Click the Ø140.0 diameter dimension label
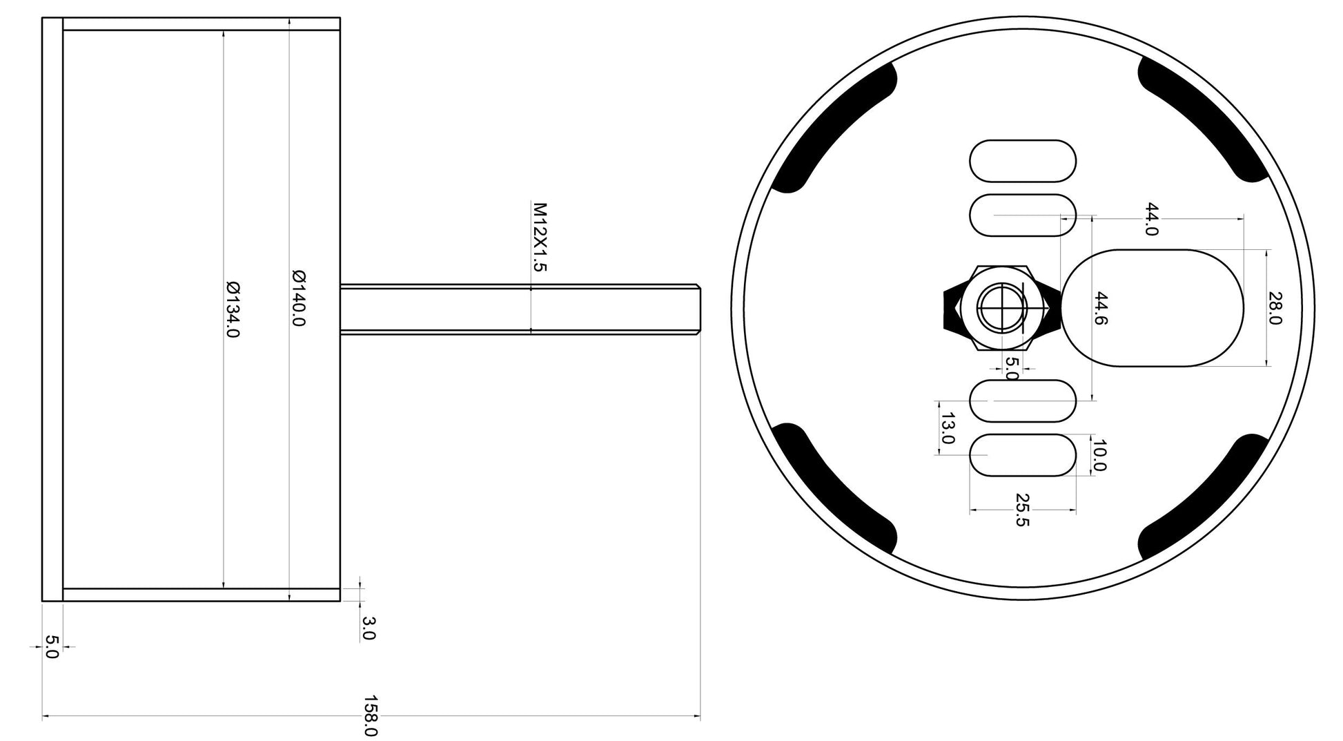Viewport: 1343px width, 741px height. (x=299, y=298)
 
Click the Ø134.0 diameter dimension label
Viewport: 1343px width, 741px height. (x=233, y=309)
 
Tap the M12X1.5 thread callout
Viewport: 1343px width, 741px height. (x=540, y=237)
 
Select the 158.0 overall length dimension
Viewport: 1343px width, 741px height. (x=371, y=715)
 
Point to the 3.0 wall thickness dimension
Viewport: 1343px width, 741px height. (x=368, y=628)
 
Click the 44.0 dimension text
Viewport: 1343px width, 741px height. (x=1150, y=219)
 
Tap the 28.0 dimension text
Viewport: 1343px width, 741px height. (x=1275, y=308)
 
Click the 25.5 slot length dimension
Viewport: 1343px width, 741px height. (x=1022, y=510)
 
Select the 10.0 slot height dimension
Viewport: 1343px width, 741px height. (x=1099, y=455)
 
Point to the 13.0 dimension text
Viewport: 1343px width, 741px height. (x=948, y=428)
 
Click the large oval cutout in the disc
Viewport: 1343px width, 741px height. (x=1153, y=308)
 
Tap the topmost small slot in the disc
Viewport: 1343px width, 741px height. (x=1023, y=161)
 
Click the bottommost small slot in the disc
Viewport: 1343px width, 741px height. (x=1023, y=455)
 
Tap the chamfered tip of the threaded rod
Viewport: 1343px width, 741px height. (x=698, y=309)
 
